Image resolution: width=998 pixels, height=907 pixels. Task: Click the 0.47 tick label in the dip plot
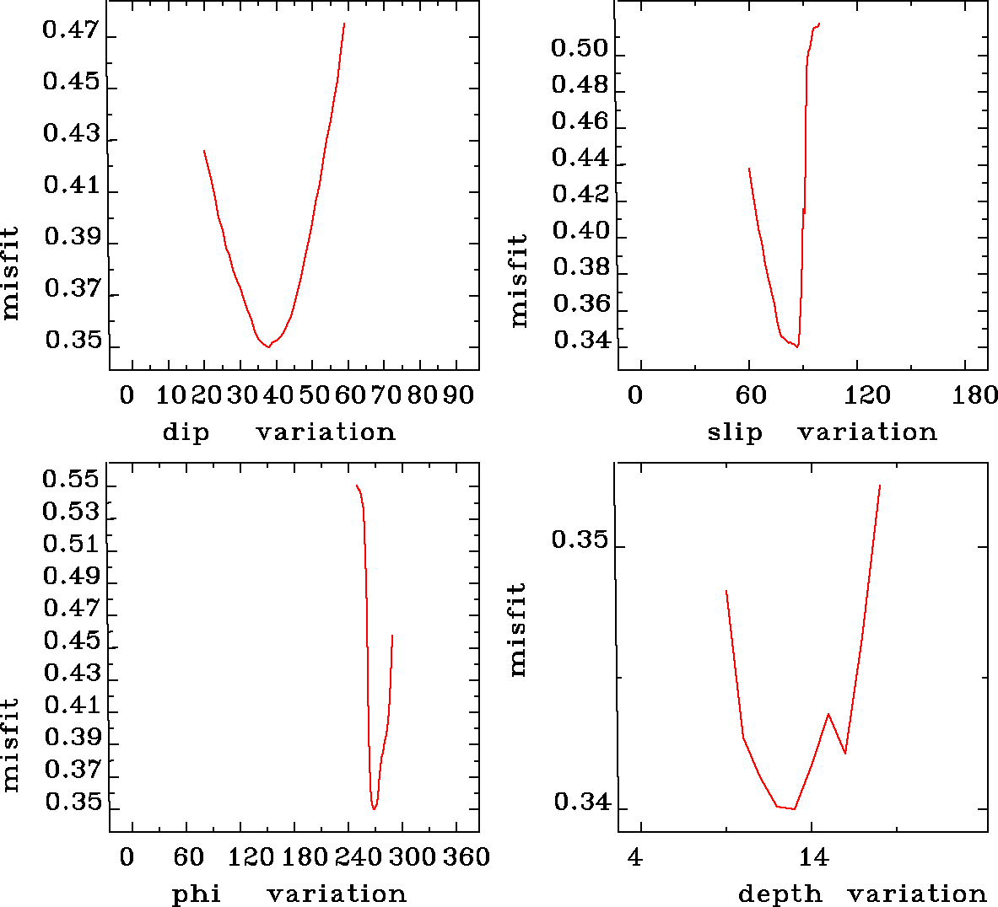(x=71, y=32)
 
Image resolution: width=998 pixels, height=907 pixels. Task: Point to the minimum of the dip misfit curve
(x=268, y=346)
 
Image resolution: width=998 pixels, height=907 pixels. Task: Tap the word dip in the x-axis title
(x=185, y=432)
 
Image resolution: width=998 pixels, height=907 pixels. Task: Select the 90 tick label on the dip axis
(x=458, y=395)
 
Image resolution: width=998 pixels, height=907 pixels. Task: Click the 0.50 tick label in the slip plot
(x=580, y=49)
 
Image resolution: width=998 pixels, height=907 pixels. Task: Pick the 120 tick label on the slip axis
(x=868, y=395)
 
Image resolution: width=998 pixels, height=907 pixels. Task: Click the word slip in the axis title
(x=734, y=432)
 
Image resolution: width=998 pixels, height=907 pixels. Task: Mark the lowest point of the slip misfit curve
(x=796, y=346)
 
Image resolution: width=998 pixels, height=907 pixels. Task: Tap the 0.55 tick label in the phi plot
(x=71, y=481)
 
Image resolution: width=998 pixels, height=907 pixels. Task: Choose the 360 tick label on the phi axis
(x=467, y=857)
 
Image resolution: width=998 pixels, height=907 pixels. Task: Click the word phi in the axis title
(x=197, y=894)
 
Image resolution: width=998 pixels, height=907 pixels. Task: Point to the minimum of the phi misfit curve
(x=374, y=809)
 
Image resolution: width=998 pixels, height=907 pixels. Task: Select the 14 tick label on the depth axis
(x=813, y=858)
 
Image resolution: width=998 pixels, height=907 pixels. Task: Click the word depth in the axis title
(x=780, y=894)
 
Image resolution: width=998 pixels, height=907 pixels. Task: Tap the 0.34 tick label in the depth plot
(x=581, y=802)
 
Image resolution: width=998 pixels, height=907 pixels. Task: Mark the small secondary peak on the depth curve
(x=828, y=714)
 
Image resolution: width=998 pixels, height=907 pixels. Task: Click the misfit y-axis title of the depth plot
(x=517, y=629)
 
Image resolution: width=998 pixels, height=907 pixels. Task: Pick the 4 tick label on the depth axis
(x=635, y=858)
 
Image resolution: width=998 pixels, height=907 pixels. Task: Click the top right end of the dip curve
(x=344, y=24)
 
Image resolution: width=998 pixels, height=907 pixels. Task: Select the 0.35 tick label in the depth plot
(x=580, y=539)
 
